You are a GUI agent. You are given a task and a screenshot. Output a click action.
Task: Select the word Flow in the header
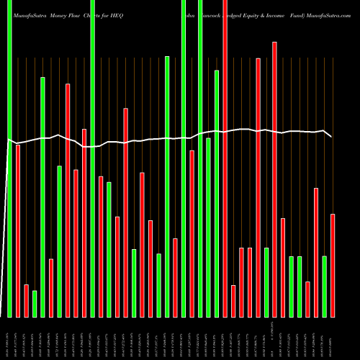click(x=75, y=6)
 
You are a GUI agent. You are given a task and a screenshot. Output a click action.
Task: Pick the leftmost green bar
click(x=9, y=158)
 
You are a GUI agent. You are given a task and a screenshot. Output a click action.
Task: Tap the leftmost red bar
click(x=18, y=230)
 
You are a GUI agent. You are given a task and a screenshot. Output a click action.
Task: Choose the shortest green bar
click(x=35, y=304)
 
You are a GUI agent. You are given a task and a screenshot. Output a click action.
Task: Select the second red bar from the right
click(x=316, y=252)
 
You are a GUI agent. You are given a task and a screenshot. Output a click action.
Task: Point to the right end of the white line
click(x=332, y=137)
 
